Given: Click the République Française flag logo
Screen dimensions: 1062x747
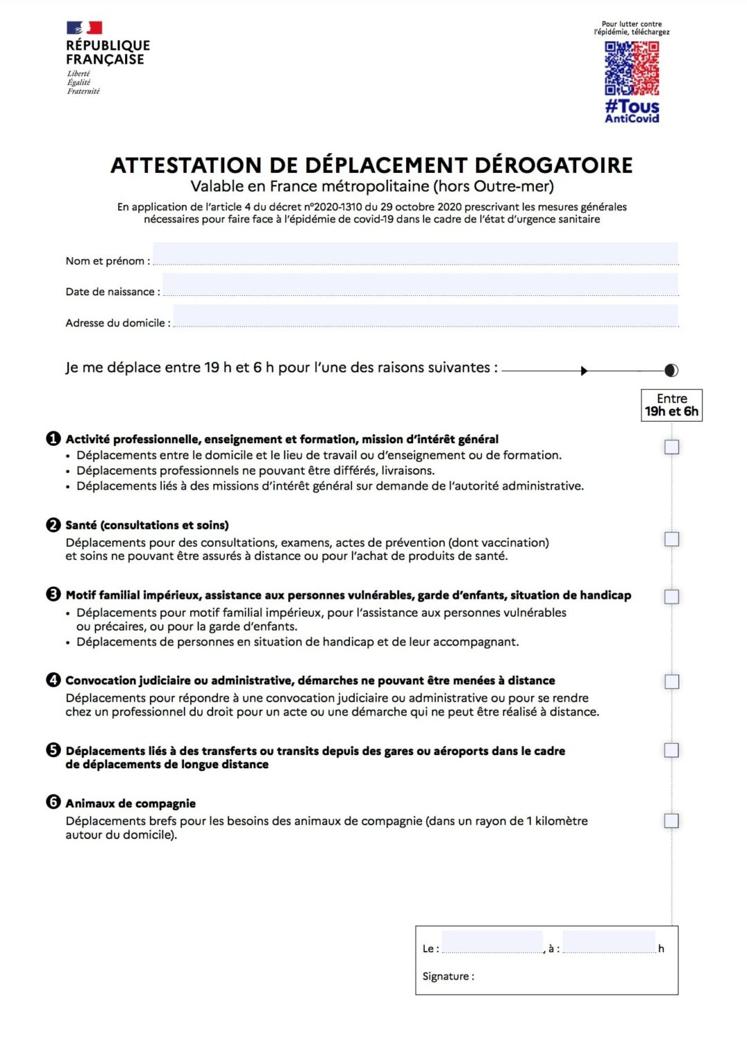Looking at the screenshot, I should pyautogui.click(x=84, y=28).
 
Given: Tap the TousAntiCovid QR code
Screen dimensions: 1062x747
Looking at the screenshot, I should pyautogui.click(x=631, y=68).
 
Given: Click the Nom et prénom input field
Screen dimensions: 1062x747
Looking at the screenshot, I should pyautogui.click(x=415, y=254).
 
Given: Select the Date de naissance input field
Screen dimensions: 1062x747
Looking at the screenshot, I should pyautogui.click(x=420, y=285).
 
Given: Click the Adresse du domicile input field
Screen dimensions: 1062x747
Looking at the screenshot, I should pyautogui.click(x=425, y=316).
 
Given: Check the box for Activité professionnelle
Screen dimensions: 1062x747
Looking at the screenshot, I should pyautogui.click(x=672, y=447).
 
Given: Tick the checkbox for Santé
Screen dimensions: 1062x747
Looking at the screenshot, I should pyautogui.click(x=672, y=539).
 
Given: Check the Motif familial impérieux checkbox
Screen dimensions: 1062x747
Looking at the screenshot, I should pyautogui.click(x=672, y=597).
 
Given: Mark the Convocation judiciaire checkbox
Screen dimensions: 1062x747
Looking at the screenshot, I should pyautogui.click(x=672, y=682).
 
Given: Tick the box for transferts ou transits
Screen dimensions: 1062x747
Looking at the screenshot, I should pyautogui.click(x=672, y=750).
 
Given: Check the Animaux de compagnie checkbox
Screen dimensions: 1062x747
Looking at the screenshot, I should pyautogui.click(x=672, y=821).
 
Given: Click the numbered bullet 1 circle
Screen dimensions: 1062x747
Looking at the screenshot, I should pyautogui.click(x=53, y=438).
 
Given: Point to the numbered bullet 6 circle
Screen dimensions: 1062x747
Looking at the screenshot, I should pyautogui.click(x=53, y=802).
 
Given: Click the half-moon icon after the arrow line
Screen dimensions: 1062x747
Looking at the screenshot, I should pyautogui.click(x=671, y=371).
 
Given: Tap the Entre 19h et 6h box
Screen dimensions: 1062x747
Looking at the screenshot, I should pyautogui.click(x=672, y=405).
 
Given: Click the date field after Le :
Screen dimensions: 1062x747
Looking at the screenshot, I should pyautogui.click(x=492, y=942).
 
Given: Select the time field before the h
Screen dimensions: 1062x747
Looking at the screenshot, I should pyautogui.click(x=609, y=942).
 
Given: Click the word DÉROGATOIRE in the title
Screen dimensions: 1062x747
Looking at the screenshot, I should pyautogui.click(x=553, y=165).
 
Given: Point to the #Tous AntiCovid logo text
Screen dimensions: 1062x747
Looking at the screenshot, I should pyautogui.click(x=631, y=111).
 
